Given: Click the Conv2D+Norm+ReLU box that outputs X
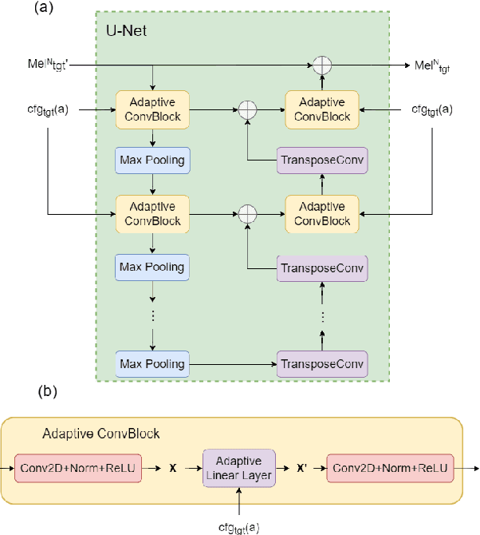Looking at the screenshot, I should point(78,467).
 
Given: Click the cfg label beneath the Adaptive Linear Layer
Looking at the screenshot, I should point(239,527).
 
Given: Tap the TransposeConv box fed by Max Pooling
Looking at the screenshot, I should point(321,364).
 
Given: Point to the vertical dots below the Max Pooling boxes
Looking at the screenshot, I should point(151,315).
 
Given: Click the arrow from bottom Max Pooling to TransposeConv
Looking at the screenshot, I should point(231,364).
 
